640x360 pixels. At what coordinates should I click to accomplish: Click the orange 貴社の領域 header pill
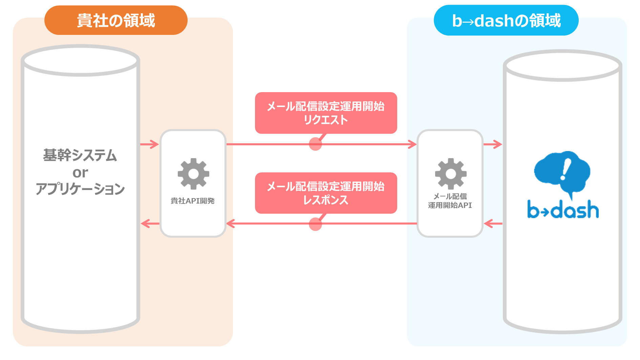pyautogui.click(x=116, y=20)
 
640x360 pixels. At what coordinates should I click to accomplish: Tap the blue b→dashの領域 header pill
pyautogui.click(x=506, y=20)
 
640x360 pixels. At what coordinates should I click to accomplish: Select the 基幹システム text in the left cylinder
pyautogui.click(x=80, y=155)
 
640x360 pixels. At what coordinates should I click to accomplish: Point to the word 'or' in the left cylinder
pyautogui.click(x=80, y=173)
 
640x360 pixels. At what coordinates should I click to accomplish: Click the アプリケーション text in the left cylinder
pyautogui.click(x=80, y=189)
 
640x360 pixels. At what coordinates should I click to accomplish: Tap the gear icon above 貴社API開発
pyautogui.click(x=193, y=174)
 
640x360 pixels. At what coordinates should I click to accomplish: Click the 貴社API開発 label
pyautogui.click(x=193, y=201)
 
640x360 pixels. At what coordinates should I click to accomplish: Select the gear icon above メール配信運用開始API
pyautogui.click(x=451, y=174)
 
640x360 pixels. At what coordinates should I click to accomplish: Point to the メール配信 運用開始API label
pyautogui.click(x=450, y=201)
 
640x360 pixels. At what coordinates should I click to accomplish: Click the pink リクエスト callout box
pyautogui.click(x=326, y=113)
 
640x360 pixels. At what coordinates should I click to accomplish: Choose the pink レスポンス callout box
pyautogui.click(x=326, y=193)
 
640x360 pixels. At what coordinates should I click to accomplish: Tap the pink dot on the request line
pyautogui.click(x=315, y=144)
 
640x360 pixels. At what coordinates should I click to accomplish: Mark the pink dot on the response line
pyautogui.click(x=315, y=224)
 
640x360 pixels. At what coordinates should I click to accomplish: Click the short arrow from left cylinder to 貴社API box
pyautogui.click(x=149, y=145)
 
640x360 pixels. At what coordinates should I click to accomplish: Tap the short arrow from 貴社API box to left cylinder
pyautogui.click(x=150, y=224)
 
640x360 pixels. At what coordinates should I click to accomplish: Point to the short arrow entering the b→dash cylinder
pyautogui.click(x=493, y=145)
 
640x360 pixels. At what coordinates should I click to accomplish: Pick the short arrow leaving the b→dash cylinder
pyautogui.click(x=493, y=224)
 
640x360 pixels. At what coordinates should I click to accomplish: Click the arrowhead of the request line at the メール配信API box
pyautogui.click(x=413, y=145)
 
